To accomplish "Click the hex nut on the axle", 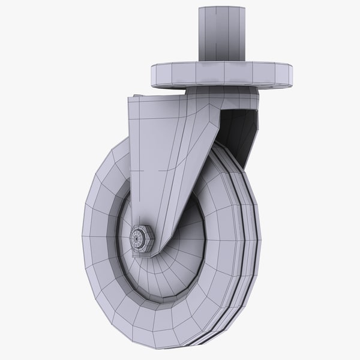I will tap(143, 239).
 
